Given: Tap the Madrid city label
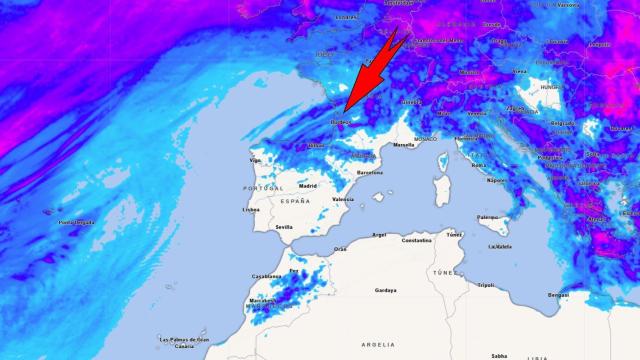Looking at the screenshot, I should point(307,186).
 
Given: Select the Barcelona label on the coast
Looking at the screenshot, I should point(369,172).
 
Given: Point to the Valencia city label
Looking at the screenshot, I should point(343,199).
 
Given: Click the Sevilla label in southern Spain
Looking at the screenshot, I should point(284,227).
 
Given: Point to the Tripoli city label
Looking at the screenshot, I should point(485,284).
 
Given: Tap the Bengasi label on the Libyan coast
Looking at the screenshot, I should point(559,295).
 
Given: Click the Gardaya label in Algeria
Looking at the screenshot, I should point(385,290).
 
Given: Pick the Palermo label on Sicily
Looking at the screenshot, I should point(487,217).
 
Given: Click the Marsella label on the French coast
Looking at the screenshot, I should point(404,145).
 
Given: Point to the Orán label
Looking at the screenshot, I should point(340,249).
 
